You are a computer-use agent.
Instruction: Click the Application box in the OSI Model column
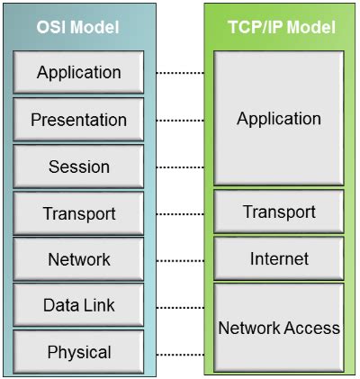click(x=78, y=73)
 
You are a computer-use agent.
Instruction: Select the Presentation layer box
click(x=78, y=120)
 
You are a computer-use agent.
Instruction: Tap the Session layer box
click(x=78, y=167)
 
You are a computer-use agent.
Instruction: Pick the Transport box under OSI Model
click(x=78, y=213)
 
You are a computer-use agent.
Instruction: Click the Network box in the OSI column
click(x=78, y=259)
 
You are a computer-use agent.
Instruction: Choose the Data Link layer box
click(x=78, y=306)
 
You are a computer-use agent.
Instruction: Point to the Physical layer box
click(x=78, y=352)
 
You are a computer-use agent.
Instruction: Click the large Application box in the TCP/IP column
click(x=278, y=118)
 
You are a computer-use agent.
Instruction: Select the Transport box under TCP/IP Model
click(x=278, y=212)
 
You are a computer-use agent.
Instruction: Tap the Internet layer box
click(x=278, y=259)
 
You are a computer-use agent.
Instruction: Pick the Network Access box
click(x=278, y=329)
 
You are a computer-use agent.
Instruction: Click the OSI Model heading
click(x=78, y=27)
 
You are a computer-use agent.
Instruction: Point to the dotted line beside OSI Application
click(x=178, y=73)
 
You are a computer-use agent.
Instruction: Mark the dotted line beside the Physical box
click(x=178, y=353)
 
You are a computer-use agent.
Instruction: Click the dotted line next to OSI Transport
click(x=178, y=213)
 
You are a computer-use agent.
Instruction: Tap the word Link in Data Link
click(x=99, y=306)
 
